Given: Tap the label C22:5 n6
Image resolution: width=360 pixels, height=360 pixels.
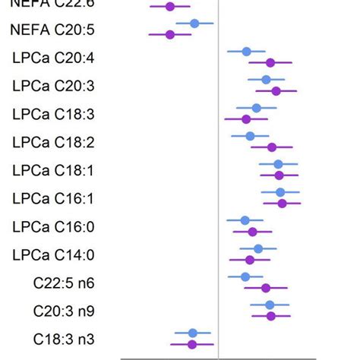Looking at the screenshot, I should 64,283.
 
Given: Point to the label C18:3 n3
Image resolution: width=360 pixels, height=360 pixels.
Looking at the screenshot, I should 64,339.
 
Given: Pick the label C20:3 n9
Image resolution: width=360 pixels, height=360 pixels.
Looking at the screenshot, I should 64,311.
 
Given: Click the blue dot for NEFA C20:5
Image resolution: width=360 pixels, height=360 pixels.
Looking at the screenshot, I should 194,24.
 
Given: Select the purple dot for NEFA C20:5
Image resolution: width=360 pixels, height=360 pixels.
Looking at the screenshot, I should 170,34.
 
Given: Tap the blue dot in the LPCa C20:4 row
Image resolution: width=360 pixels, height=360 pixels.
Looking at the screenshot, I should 246,52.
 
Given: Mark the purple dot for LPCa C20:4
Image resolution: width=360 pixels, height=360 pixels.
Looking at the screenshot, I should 270,63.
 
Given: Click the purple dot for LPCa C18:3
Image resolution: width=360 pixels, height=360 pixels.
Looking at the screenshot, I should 246,119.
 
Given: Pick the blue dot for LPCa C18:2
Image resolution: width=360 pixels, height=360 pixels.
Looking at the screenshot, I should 250,136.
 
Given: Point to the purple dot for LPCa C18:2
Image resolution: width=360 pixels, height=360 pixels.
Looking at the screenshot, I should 272,147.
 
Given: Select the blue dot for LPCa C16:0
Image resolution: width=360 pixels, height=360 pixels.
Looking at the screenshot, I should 245,220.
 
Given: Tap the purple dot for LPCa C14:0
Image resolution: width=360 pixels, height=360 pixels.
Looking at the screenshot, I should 250,260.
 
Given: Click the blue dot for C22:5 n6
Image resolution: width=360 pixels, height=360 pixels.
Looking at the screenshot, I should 245,276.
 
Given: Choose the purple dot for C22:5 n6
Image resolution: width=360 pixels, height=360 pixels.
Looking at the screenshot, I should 266,288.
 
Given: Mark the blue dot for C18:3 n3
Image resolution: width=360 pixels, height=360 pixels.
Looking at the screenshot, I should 193,333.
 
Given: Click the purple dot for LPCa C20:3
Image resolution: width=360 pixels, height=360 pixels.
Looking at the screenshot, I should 276,91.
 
